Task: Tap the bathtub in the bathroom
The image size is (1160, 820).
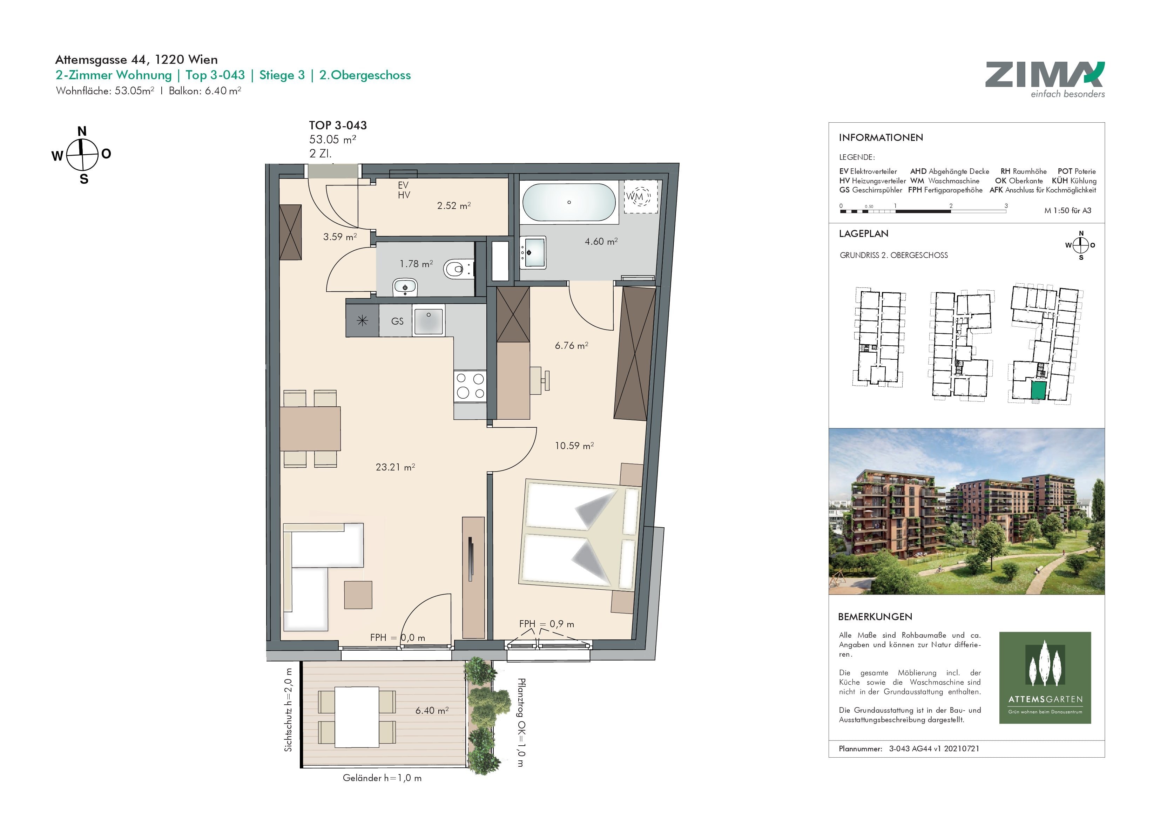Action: (569, 202)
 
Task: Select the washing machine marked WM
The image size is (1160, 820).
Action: (640, 197)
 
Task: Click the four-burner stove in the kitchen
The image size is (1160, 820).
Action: (470, 386)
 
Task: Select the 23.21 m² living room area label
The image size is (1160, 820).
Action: (395, 467)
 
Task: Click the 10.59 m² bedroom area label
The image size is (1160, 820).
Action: (574, 446)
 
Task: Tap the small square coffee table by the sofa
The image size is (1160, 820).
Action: (358, 595)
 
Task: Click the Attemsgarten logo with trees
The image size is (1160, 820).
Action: (1045, 678)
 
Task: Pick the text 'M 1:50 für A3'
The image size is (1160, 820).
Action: (1067, 211)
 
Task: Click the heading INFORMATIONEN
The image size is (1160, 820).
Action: (881, 137)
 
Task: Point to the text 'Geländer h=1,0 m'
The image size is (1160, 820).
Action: (382, 778)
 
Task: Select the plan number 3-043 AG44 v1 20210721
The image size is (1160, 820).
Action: (934, 749)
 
